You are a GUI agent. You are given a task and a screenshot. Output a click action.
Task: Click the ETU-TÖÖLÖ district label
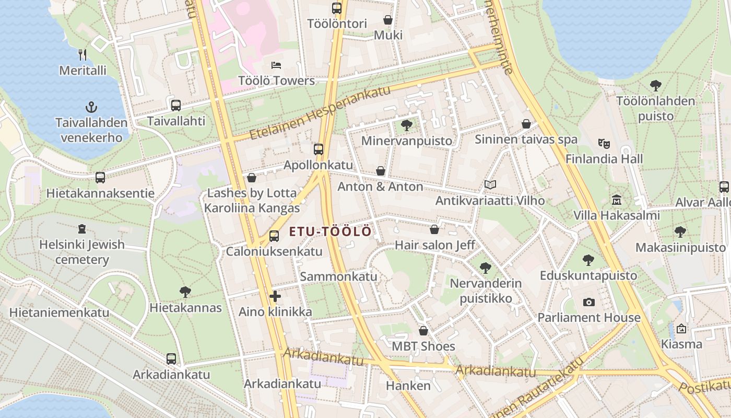pyautogui.click(x=330, y=231)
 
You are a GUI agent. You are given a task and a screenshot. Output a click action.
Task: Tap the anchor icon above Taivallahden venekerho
pyautogui.click(x=91, y=108)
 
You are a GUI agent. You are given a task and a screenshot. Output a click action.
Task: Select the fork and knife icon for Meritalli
pyautogui.click(x=82, y=54)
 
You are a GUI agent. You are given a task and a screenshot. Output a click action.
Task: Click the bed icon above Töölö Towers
pyautogui.click(x=276, y=65)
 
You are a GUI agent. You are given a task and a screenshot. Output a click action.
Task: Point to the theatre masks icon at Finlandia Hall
pyautogui.click(x=604, y=143)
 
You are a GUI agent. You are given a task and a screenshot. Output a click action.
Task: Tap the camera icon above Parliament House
pyautogui.click(x=589, y=302)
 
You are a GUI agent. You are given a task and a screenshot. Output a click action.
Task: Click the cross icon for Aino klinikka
pyautogui.click(x=275, y=297)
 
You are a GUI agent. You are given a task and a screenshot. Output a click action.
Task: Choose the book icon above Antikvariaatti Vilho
pyautogui.click(x=490, y=185)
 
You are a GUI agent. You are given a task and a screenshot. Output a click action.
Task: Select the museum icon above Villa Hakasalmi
pyautogui.click(x=617, y=200)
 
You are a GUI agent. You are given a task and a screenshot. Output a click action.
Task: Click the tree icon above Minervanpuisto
pyautogui.click(x=407, y=125)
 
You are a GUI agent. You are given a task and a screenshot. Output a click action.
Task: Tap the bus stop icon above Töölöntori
pyautogui.click(x=337, y=8)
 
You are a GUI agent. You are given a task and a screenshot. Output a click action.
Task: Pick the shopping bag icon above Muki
pyautogui.click(x=388, y=20)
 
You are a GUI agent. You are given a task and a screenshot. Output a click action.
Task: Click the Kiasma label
pyautogui.click(x=681, y=344)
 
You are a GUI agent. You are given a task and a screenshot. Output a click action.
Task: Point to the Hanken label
pyautogui.click(x=408, y=386)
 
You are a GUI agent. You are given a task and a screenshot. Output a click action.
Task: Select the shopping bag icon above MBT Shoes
pyautogui.click(x=423, y=331)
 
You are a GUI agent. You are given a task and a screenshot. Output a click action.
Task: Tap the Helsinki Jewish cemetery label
pyautogui.click(x=82, y=252)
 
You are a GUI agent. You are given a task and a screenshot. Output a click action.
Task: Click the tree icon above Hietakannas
pyautogui.click(x=185, y=292)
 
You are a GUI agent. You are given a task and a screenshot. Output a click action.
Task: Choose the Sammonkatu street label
pyautogui.click(x=338, y=276)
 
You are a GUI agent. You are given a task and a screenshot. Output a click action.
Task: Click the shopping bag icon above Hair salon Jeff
pyautogui.click(x=434, y=229)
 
